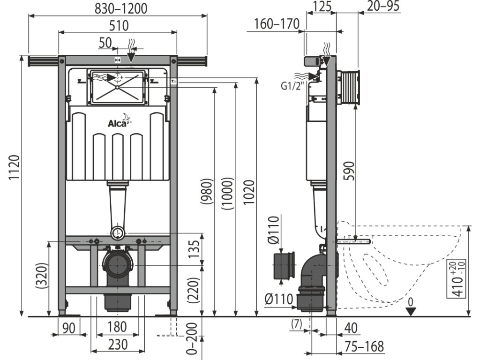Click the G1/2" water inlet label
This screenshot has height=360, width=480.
pyautogui.click(x=293, y=86)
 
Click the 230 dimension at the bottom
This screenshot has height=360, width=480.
pyautogui.click(x=117, y=345)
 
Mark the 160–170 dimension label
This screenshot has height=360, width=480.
pyautogui.click(x=275, y=24)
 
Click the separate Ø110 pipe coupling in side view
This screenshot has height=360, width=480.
pyautogui.click(x=284, y=267)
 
